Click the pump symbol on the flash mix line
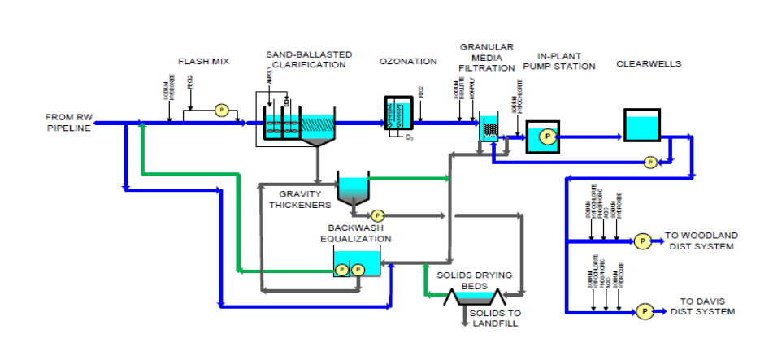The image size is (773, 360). pyautogui.click(x=219, y=110)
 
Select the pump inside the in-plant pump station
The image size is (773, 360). pyautogui.click(x=547, y=136)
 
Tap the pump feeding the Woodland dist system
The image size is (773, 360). pyautogui.click(x=641, y=241)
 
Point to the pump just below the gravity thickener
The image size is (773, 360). pyautogui.click(x=376, y=216)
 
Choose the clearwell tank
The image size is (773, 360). pyautogui.click(x=643, y=125)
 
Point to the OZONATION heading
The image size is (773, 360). pyautogui.click(x=408, y=62)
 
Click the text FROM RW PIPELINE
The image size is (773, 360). pyautogui.click(x=66, y=123)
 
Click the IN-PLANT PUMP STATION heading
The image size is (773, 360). pyautogui.click(x=560, y=61)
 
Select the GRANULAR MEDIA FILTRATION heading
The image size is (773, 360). pyautogui.click(x=486, y=58)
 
